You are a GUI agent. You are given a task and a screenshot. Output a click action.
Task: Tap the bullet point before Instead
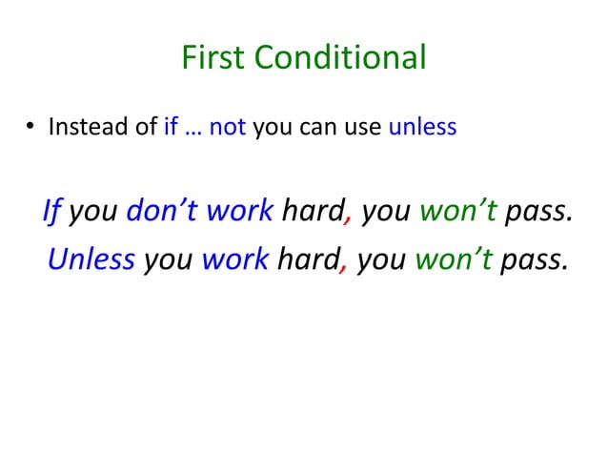pyautogui.click(x=30, y=128)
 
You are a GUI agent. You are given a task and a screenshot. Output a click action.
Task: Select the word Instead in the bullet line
pyautogui.click(x=80, y=127)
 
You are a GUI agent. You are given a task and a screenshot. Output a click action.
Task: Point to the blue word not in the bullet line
pyautogui.click(x=228, y=127)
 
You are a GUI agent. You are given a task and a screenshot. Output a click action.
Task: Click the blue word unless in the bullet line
pyautogui.click(x=423, y=127)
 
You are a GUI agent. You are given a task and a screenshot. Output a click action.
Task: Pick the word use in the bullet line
pyautogui.click(x=364, y=127)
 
